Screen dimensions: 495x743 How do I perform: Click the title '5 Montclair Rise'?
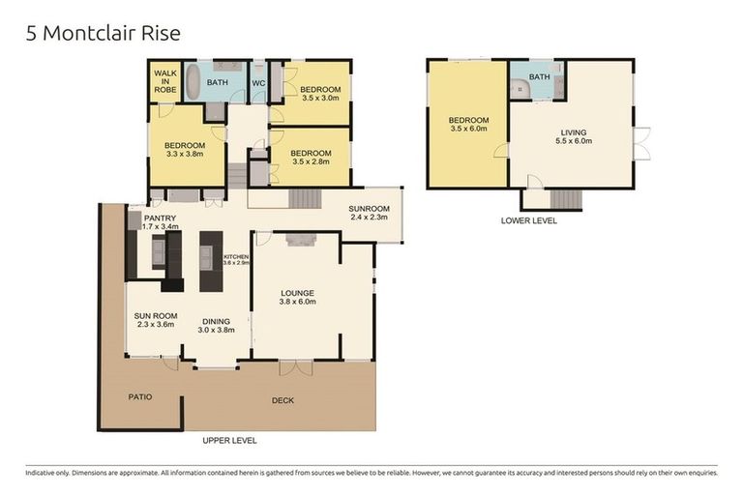[x=103, y=34]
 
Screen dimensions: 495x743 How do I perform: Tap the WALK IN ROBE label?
[x=164, y=80]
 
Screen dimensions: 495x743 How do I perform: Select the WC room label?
[x=258, y=83]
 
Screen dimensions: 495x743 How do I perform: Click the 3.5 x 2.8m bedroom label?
[x=311, y=158]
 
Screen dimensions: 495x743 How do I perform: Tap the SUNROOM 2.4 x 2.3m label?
[x=369, y=213]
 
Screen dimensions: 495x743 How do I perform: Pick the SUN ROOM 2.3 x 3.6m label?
[x=154, y=320]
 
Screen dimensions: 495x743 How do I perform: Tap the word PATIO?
[x=141, y=396]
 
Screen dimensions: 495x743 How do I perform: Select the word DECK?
[x=282, y=400]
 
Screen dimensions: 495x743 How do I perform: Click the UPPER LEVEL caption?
[x=229, y=440]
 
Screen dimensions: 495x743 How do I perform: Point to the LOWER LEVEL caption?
[x=528, y=220]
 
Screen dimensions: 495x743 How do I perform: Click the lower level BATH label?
[x=539, y=77]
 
